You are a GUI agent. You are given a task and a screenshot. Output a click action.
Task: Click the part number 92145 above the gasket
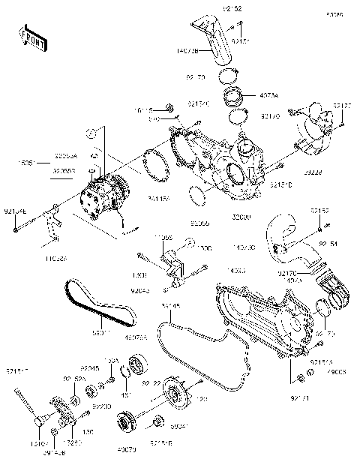191,307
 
